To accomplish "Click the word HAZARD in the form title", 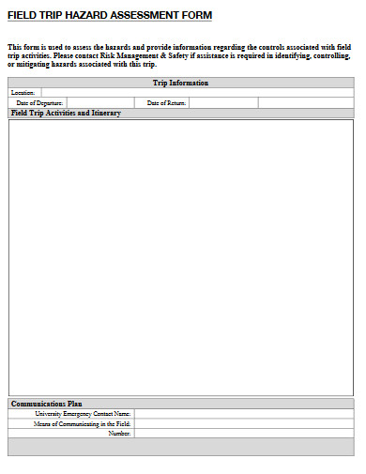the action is point(82,16).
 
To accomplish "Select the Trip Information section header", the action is point(181,83).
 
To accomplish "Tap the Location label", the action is point(23,93).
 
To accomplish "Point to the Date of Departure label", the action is point(39,102).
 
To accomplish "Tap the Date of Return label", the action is point(167,102).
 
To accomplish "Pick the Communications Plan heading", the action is point(47,404).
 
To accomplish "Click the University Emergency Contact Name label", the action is point(83,413).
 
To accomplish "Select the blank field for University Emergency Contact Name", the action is point(244,413).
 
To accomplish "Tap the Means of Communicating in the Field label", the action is point(83,423).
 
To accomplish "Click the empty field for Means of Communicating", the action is point(244,423).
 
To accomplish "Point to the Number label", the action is point(119,433).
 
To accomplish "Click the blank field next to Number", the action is point(244,433).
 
